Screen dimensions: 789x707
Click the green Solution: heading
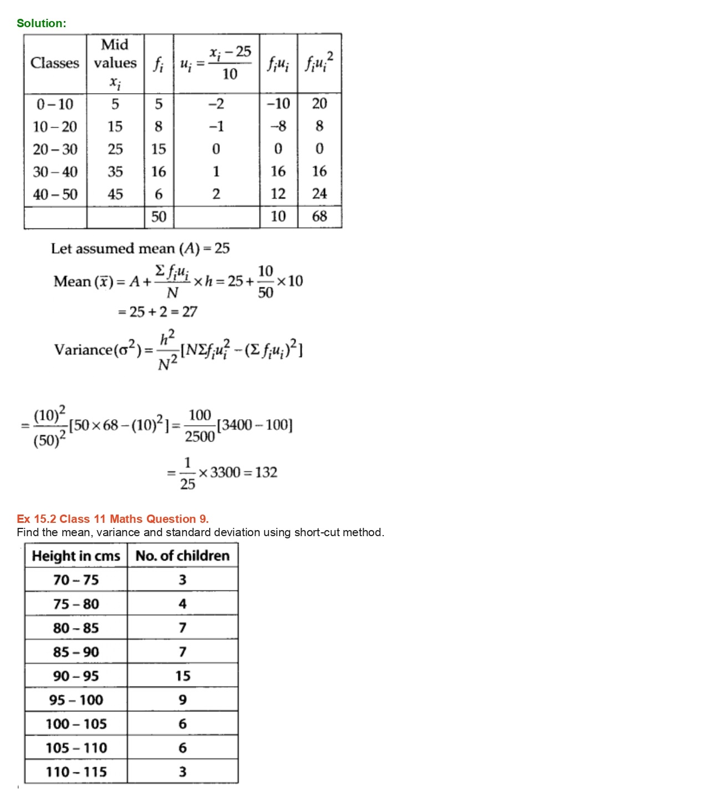pyautogui.click(x=41, y=23)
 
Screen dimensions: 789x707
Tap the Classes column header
pyautogui.click(x=55, y=63)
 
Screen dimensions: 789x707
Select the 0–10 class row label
pyautogui.click(x=55, y=104)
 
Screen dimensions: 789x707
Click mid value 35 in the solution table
pyautogui.click(x=115, y=172)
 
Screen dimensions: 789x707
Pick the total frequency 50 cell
pyautogui.click(x=159, y=217)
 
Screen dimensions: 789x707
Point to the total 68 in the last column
pyautogui.click(x=319, y=217)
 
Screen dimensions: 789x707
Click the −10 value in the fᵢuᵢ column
pyautogui.click(x=278, y=104)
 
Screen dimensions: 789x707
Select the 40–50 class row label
pyautogui.click(x=55, y=195)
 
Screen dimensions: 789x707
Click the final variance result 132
pyautogui.click(x=266, y=472)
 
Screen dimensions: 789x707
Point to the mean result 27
pyautogui.click(x=190, y=312)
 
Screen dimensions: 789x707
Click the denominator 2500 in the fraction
pyautogui.click(x=200, y=437)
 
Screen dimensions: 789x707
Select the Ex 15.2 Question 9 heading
pyautogui.click(x=113, y=519)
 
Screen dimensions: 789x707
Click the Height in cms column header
pyautogui.click(x=76, y=556)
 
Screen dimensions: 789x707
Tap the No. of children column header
pyautogui.click(x=182, y=556)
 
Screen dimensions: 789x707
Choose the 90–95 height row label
pyautogui.click(x=76, y=676)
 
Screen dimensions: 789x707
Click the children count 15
pyautogui.click(x=182, y=676)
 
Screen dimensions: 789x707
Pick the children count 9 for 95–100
pyautogui.click(x=182, y=700)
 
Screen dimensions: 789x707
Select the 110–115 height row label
pyautogui.click(x=76, y=772)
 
